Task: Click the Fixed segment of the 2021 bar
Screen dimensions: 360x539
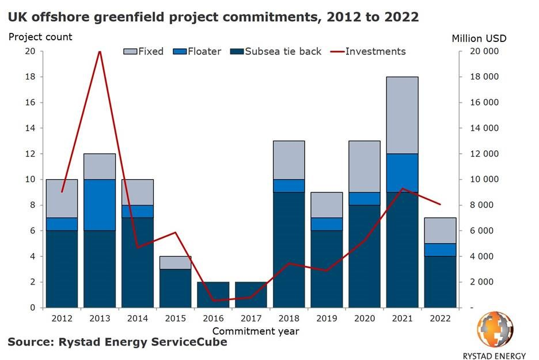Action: pos(402,115)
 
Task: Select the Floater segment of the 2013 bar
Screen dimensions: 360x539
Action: pos(100,205)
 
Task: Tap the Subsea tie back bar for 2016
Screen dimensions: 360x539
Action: pos(213,294)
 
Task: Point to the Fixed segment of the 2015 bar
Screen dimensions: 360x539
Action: pos(176,263)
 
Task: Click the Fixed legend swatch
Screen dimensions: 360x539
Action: pos(129,51)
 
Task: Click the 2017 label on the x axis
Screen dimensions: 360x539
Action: pos(250,319)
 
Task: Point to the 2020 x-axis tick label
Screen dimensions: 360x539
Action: pos(364,319)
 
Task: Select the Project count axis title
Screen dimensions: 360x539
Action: pos(40,37)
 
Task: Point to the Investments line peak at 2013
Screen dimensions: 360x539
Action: pos(100,51)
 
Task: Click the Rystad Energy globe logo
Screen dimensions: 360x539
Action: pos(494,329)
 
